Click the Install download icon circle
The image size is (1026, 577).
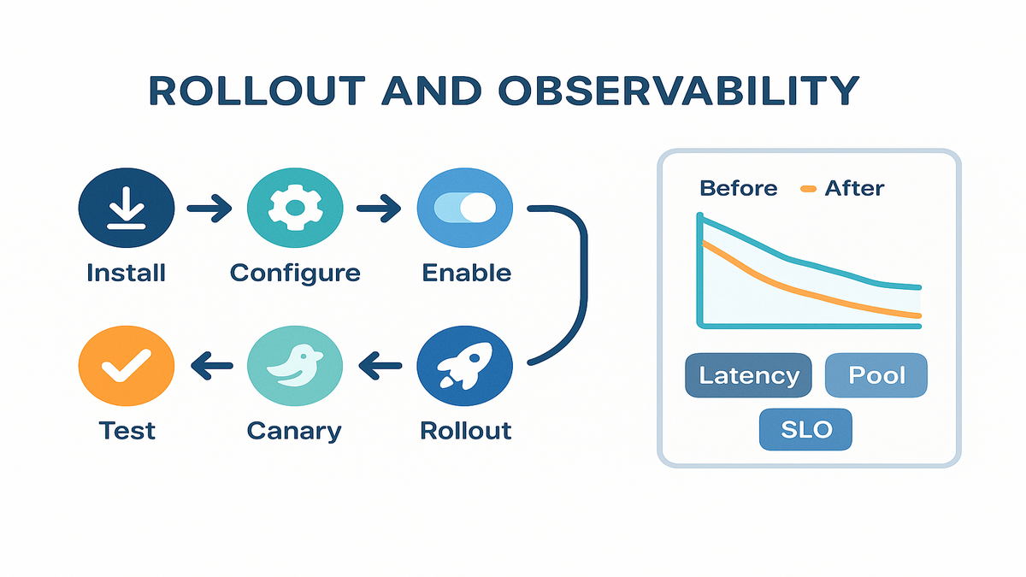[127, 208]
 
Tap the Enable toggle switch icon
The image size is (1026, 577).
[465, 208]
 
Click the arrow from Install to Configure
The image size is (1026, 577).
[209, 207]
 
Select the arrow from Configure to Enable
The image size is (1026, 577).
[379, 207]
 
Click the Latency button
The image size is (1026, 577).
[749, 375]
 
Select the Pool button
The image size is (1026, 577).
[876, 375]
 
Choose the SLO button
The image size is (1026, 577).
[806, 429]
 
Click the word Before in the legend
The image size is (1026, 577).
[739, 188]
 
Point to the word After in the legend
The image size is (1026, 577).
[854, 188]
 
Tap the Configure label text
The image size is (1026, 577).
[295, 274]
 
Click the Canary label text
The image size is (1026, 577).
[294, 430]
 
